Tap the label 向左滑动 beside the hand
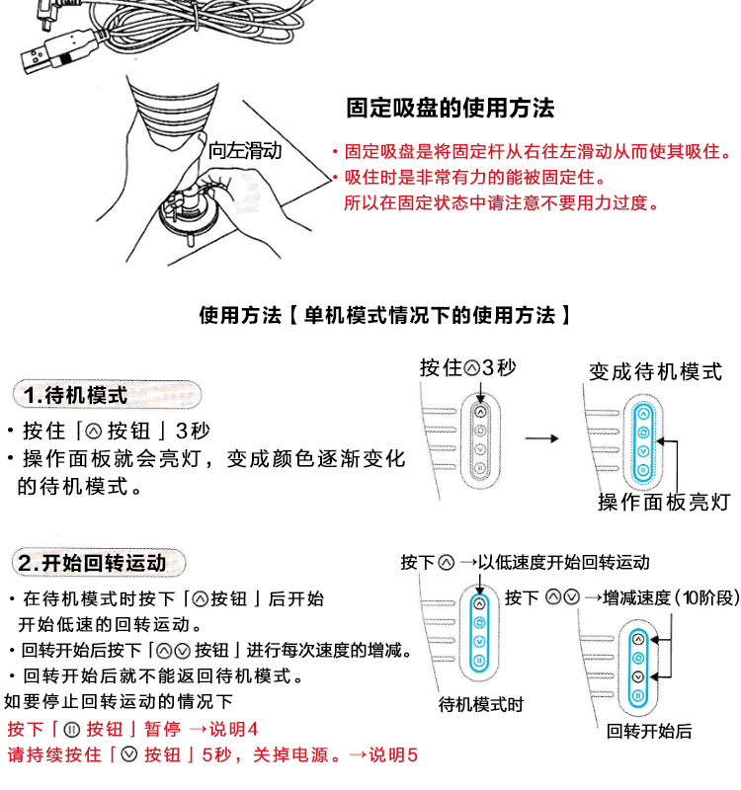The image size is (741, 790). pos(245,151)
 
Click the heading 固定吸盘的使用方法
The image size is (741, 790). pos(450,108)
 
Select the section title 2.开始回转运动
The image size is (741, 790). pos(91,564)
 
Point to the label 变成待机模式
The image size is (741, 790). pos(655,371)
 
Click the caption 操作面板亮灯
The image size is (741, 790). pos(663,502)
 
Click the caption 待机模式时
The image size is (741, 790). pos(481,705)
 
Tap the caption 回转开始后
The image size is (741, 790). pos(649,732)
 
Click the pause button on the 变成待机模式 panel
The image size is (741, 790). pos(643,471)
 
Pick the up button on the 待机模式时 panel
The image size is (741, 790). pos(479,602)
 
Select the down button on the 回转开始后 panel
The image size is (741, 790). pos(638,676)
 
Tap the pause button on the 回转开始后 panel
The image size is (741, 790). pos(638,696)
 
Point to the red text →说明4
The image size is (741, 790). pos(223,730)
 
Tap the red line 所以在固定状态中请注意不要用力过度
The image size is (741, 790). pos(501,203)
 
